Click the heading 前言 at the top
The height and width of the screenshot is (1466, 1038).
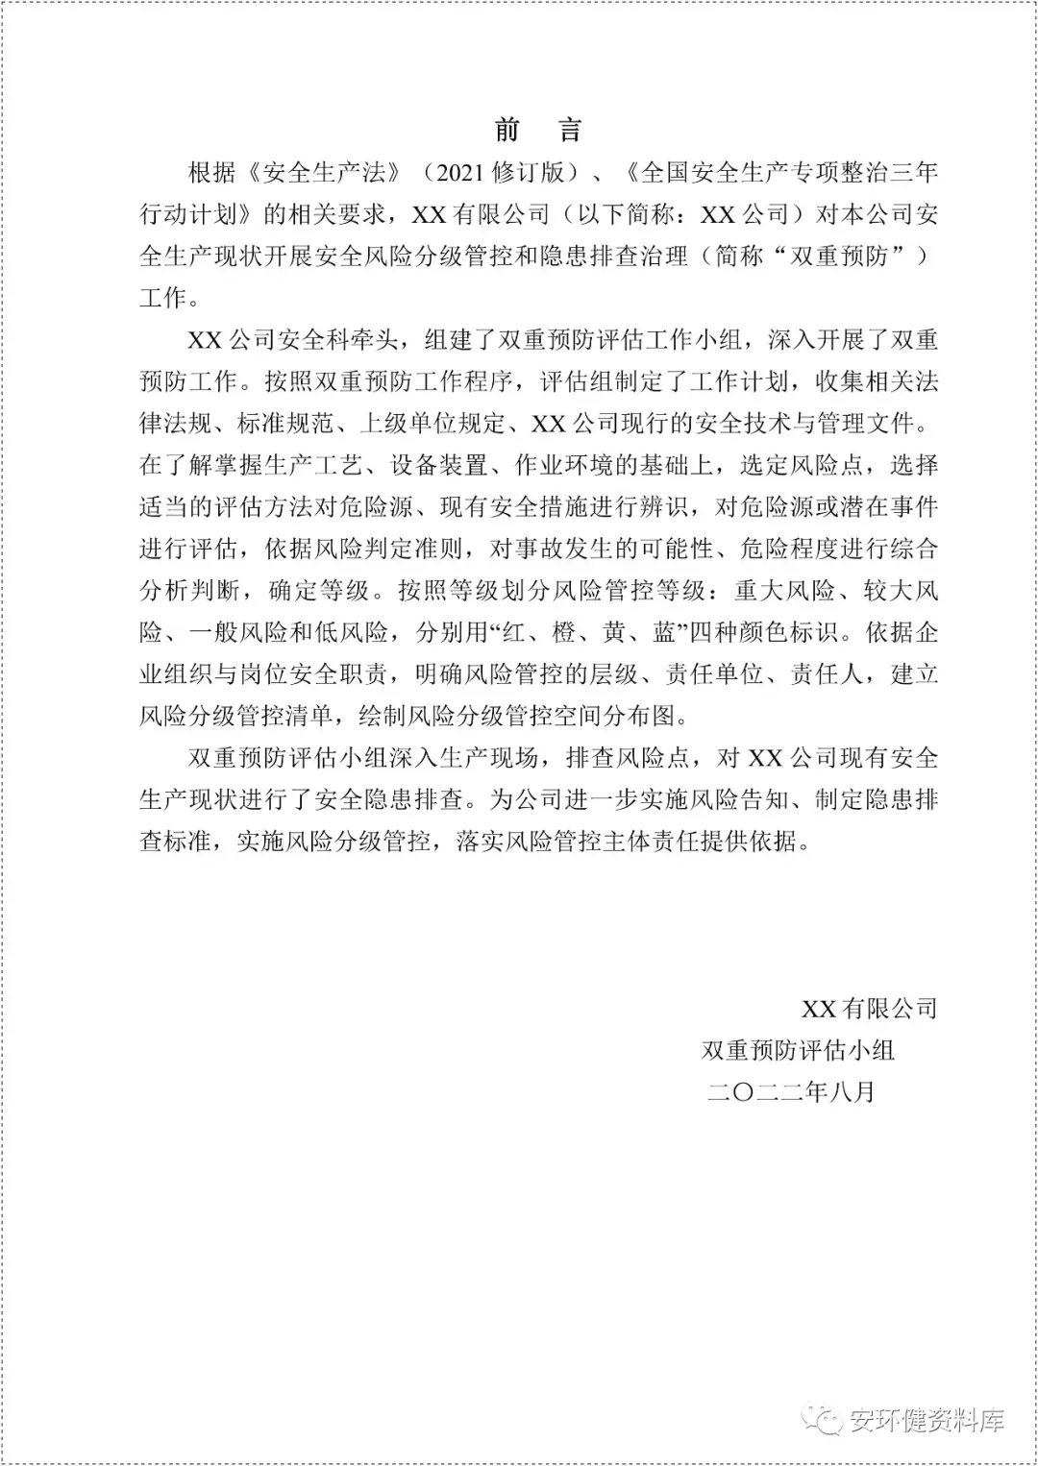[537, 130]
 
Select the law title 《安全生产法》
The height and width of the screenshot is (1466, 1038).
[323, 173]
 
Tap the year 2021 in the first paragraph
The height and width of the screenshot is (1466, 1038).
[461, 173]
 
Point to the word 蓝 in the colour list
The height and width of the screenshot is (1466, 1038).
[665, 632]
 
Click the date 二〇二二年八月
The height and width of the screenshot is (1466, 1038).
[790, 1092]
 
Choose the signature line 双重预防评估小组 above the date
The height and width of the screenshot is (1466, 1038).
[798, 1050]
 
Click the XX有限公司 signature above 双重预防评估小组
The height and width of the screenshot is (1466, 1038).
[869, 1009]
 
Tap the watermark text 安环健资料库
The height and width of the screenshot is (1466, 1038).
[927, 1420]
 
